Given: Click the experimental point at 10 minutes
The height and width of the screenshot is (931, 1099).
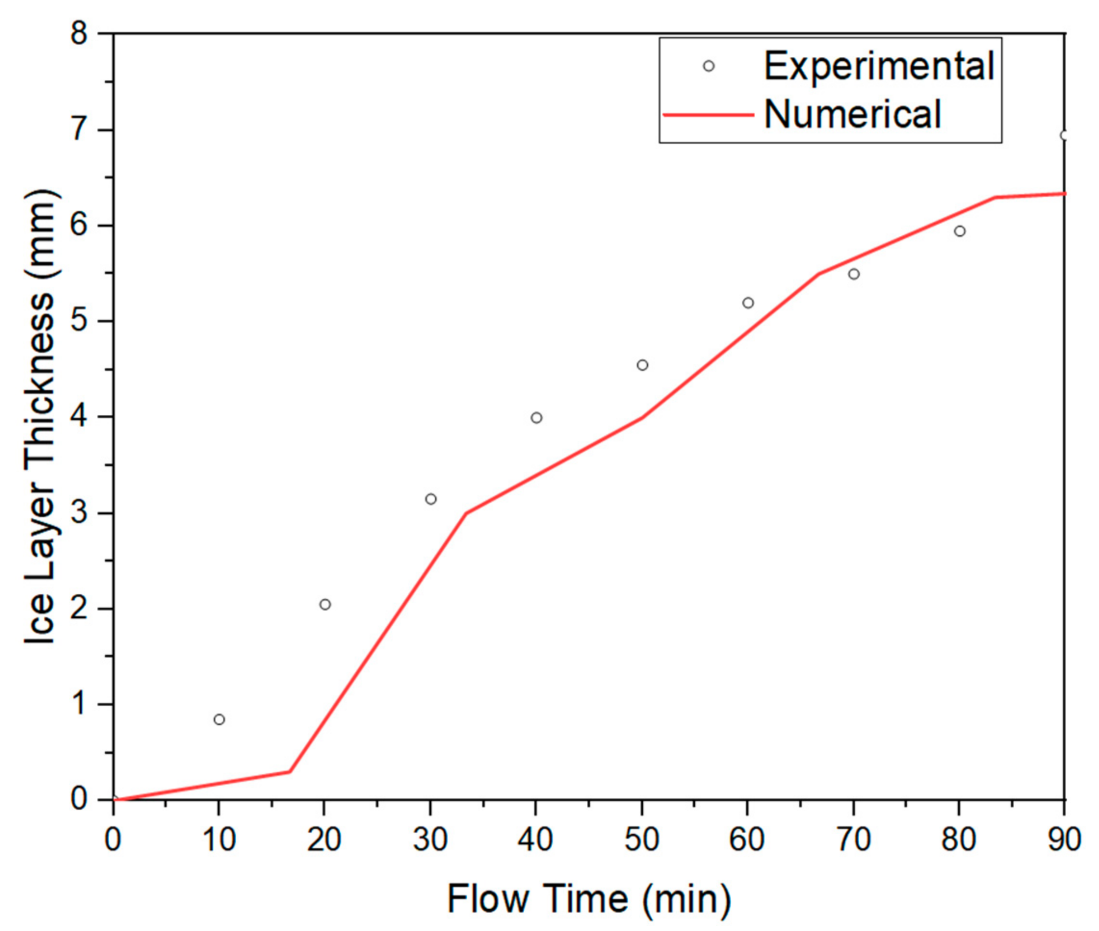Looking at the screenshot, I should [219, 720].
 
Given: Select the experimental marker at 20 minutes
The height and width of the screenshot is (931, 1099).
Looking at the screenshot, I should [325, 604].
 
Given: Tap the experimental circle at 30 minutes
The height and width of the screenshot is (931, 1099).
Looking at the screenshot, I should [431, 499].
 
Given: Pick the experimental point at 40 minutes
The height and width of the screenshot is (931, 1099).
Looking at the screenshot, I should [537, 418].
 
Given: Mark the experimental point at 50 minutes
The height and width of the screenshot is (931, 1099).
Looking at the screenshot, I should [643, 365].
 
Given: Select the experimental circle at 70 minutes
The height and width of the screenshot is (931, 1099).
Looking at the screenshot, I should [854, 274].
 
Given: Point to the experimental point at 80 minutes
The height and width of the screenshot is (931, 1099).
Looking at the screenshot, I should [960, 231].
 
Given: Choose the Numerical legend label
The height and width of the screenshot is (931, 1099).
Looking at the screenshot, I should [853, 114].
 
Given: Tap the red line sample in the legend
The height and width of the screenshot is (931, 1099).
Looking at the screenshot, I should [708, 114].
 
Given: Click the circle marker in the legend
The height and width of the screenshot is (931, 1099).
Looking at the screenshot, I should [709, 66].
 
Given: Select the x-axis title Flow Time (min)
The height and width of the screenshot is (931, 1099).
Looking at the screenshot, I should [589, 898].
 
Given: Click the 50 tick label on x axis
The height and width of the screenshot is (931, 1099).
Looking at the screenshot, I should [642, 839].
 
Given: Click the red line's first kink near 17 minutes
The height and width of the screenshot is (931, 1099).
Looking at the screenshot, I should [289, 772].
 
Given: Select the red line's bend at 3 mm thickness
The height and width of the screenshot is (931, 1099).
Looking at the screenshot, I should [466, 513].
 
